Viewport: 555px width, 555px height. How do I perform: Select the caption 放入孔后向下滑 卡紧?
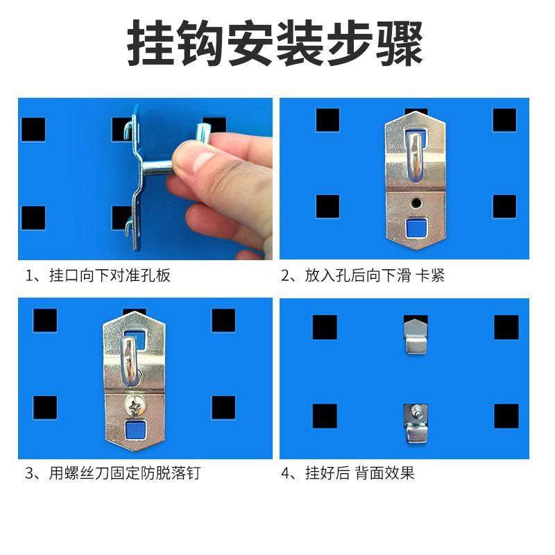tap(364, 275)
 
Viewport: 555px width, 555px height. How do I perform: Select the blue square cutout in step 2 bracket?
tap(414, 227)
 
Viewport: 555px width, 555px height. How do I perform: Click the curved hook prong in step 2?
tap(414, 156)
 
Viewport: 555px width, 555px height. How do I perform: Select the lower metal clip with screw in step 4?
tap(415, 422)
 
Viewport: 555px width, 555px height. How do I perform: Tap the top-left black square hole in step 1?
tap(33, 129)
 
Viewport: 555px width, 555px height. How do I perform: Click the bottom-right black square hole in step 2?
tap(504, 207)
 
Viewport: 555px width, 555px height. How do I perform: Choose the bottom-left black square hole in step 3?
tap(44, 407)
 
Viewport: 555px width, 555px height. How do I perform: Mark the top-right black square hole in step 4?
tap(506, 327)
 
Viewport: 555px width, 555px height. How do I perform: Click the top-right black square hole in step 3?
tap(223, 320)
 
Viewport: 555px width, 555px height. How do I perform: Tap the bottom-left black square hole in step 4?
tap(325, 416)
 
